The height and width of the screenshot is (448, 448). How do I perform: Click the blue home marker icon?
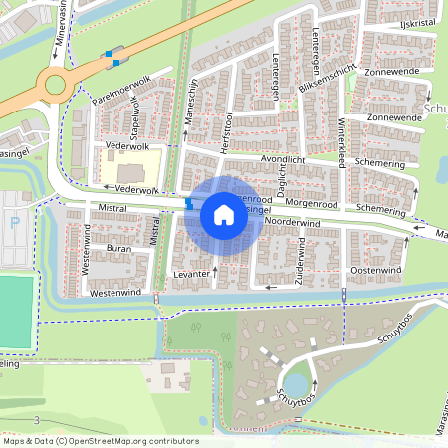tap(223, 215)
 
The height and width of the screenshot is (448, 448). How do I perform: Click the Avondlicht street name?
tap(284, 159)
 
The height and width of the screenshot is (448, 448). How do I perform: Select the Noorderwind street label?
tap(293, 223)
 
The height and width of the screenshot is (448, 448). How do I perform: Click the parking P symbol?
tap(14, 223)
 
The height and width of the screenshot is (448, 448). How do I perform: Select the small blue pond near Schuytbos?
tap(296, 382)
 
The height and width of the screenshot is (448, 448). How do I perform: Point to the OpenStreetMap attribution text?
tap(100, 441)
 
